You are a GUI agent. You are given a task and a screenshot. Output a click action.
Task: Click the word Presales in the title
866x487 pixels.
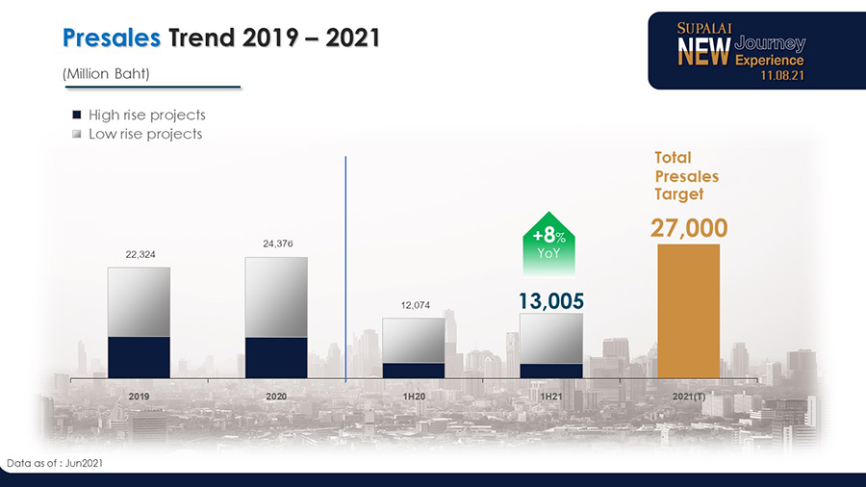111,38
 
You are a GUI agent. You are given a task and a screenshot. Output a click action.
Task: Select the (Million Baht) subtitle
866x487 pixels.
105,74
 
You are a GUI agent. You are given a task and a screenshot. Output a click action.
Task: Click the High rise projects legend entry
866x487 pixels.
146,115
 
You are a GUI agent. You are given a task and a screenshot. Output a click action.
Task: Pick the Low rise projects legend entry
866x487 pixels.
144,134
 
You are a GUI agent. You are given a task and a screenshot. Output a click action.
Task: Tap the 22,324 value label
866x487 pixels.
140,254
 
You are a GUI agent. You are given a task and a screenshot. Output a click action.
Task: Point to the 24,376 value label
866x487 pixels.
277,243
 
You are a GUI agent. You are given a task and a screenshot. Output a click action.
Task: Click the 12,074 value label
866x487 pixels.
414,305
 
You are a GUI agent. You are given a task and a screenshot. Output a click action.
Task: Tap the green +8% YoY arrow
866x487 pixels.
548,241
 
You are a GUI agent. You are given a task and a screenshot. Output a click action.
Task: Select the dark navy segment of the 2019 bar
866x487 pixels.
139,357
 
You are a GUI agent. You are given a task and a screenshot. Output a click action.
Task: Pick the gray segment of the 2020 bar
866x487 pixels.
276,296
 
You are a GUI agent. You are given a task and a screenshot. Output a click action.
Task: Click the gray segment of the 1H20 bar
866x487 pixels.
414,340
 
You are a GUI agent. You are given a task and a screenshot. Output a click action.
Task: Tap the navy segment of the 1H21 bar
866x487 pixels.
551,371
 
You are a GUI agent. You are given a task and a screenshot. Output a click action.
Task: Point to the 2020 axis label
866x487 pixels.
276,396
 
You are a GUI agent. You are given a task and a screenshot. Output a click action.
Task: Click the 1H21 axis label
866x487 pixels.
551,396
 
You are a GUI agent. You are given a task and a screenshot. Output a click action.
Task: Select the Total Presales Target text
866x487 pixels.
686,175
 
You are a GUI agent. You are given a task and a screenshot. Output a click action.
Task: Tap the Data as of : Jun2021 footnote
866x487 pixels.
55,464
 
